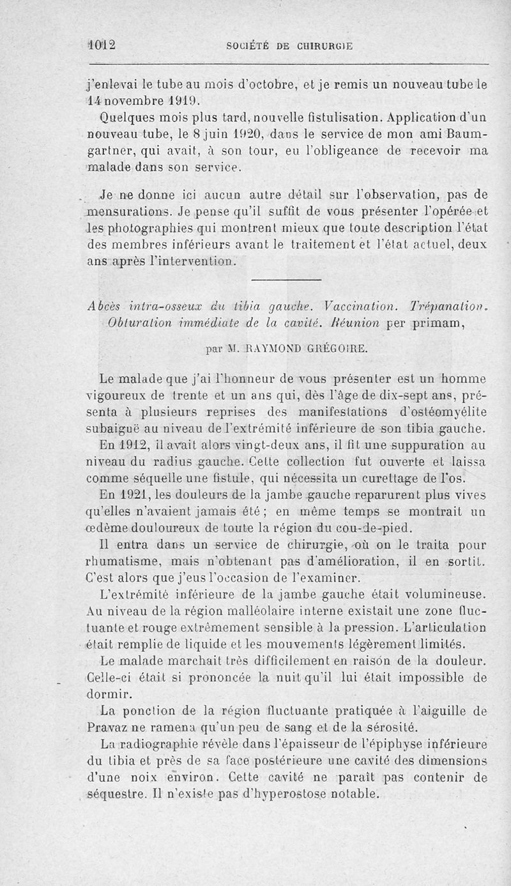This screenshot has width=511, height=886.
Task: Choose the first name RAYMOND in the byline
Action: click(x=263, y=348)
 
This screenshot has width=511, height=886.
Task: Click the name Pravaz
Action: click(x=105, y=728)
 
